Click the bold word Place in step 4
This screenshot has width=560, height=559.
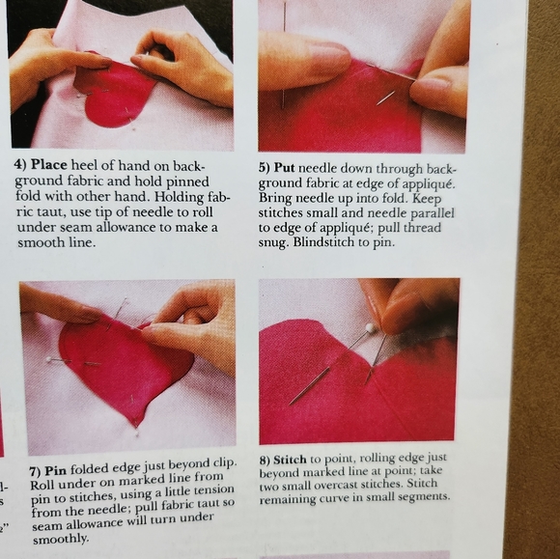49,165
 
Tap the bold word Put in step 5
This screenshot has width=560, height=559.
284,168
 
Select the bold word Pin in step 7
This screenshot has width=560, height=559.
56,471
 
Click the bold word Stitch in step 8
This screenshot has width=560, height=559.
290,460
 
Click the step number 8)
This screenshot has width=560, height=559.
265,461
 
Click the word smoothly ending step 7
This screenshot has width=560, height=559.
60,539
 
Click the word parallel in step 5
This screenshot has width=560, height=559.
433,213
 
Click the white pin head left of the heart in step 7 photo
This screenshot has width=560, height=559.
48,359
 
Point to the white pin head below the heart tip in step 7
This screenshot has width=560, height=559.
137,433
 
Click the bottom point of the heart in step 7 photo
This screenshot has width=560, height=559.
136,426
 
